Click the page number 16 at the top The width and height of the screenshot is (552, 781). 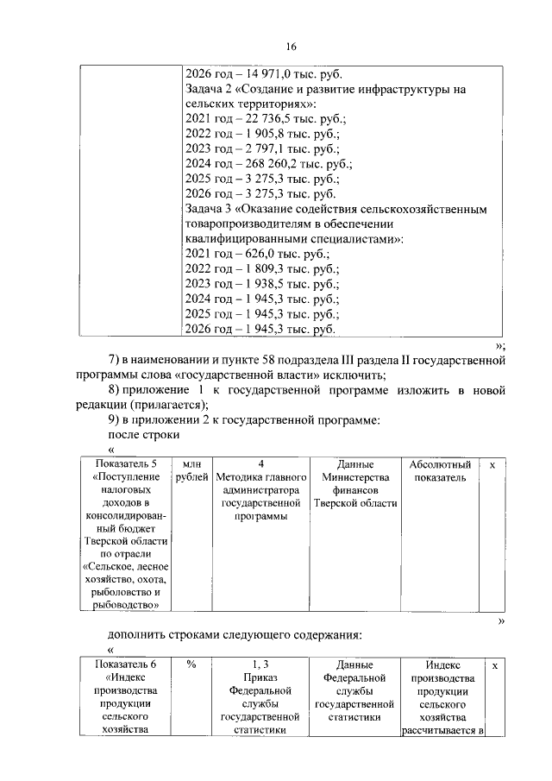(292, 46)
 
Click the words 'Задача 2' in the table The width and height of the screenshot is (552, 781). (210, 90)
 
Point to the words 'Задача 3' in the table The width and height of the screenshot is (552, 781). (210, 210)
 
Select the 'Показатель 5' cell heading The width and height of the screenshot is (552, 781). (126, 464)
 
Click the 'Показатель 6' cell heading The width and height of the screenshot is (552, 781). (126, 664)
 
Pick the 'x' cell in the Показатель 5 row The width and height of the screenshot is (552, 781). (492, 464)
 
